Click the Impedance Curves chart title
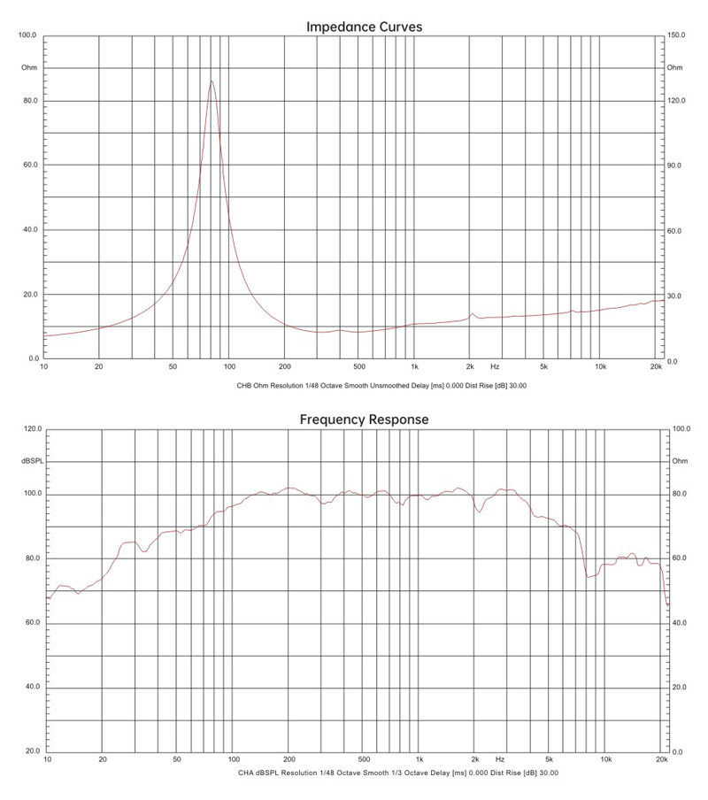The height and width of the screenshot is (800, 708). pos(364,27)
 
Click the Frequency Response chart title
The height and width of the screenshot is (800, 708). pos(364,419)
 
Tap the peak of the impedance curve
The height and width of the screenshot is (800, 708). pos(211,81)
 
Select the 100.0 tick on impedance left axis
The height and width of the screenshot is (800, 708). pos(27,36)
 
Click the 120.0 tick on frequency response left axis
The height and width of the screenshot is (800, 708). pos(32,429)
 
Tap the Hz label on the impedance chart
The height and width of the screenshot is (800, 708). pos(495,365)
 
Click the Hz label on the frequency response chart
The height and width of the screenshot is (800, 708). pos(500,759)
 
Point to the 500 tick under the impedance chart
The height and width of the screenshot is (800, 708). pos(358,365)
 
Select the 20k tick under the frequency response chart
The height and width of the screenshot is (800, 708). pos(662,759)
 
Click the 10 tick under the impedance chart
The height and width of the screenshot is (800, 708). pos(44,365)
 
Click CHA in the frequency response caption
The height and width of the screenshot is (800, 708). pos(246,773)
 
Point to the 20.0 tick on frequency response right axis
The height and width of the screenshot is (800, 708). pos(681,687)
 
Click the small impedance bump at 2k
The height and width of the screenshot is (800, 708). pos(473,313)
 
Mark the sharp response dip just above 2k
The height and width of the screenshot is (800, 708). pos(479,512)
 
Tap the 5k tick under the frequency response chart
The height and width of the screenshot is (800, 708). pos(550,759)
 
